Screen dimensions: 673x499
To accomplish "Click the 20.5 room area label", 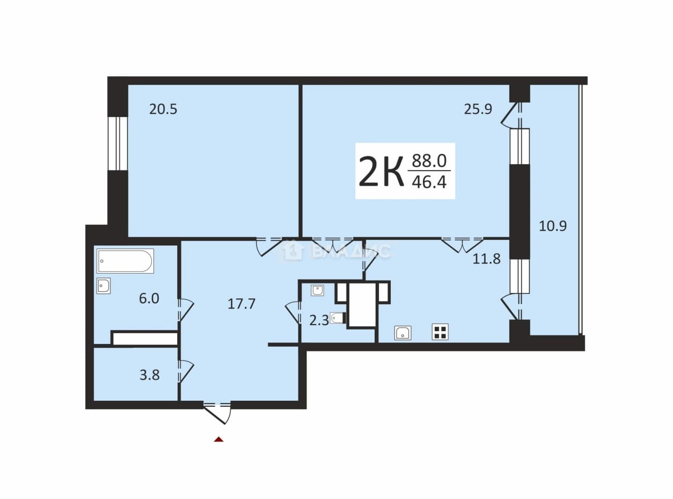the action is [163, 109].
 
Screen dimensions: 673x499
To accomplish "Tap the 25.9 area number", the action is [478, 109].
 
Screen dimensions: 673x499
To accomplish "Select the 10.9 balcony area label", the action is [553, 226].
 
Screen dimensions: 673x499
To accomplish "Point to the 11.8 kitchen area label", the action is [487, 259].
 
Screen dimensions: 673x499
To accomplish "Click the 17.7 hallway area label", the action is [242, 304].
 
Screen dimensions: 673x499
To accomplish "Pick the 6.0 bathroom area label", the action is [149, 299].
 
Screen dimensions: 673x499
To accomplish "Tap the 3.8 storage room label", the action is [150, 376].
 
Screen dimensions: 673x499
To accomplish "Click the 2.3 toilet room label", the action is [319, 320].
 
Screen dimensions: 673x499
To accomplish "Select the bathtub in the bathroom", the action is [125, 261].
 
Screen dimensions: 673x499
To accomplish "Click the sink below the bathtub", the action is [104, 286].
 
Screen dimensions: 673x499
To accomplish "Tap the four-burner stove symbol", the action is [440, 332].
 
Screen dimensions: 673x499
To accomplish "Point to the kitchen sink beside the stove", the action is [403, 333].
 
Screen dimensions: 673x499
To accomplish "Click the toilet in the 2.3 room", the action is [339, 318].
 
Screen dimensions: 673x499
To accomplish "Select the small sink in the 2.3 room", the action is [318, 290].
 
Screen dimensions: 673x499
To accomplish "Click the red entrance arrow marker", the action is [219, 439].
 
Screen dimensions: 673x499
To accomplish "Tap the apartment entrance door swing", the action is [217, 413].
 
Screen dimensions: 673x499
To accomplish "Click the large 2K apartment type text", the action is [381, 171].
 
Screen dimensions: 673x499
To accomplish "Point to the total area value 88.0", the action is [429, 161].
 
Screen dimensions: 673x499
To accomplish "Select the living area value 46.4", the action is [429, 182].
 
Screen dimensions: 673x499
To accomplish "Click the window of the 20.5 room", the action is [118, 143].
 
